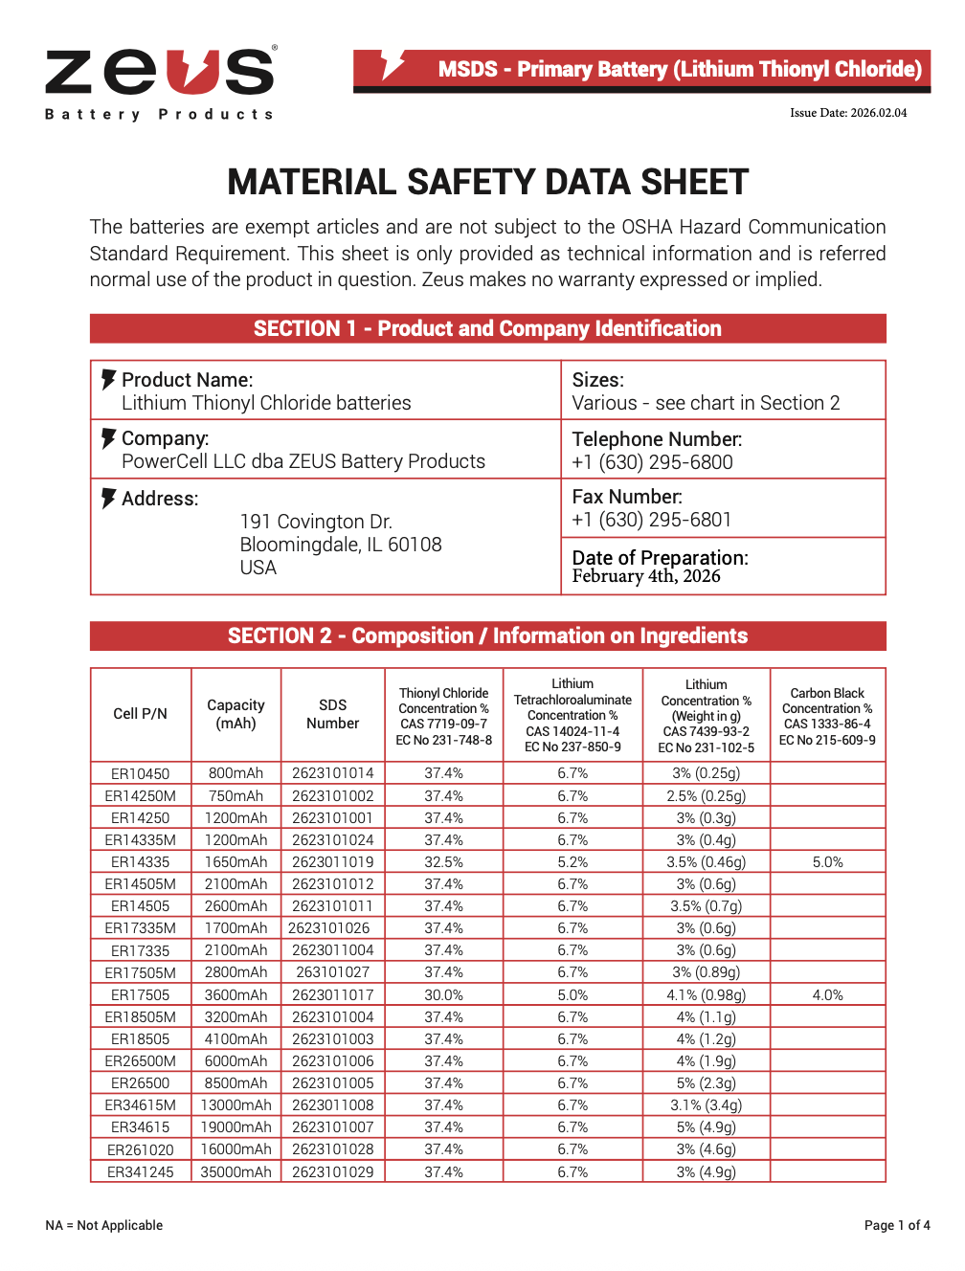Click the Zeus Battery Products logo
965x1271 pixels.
coord(160,83)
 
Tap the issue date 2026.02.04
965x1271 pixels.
coord(847,113)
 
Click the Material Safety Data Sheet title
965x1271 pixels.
coord(487,182)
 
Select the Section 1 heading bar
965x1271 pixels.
coord(487,328)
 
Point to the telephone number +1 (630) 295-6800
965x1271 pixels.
coord(652,462)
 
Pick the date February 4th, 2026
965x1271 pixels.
coord(646,576)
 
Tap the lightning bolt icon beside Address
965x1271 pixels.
coord(108,499)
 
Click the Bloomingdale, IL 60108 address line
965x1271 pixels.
coord(341,545)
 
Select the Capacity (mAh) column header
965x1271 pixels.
coord(236,714)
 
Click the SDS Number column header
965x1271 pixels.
coord(332,714)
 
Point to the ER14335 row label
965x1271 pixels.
coord(140,862)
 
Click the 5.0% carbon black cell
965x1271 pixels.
coord(827,862)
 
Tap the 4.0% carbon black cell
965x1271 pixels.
coord(827,995)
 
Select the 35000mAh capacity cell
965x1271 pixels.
coord(236,1172)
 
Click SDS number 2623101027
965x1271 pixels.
coord(332,972)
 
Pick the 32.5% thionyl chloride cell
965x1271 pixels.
coord(443,862)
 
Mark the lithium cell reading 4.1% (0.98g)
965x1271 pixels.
coord(706,995)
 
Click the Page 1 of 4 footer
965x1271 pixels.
coord(896,1225)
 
